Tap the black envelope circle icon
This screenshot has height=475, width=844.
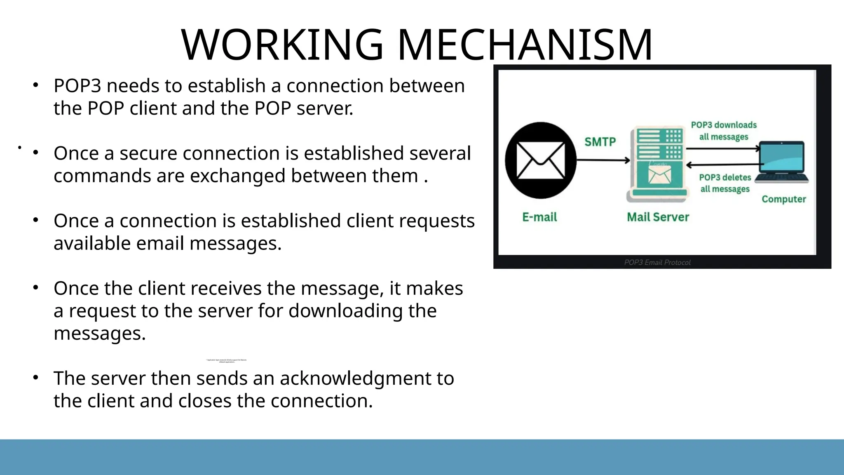(x=540, y=160)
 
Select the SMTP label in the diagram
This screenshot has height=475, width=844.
(x=600, y=142)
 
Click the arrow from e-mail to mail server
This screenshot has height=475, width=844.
(x=603, y=160)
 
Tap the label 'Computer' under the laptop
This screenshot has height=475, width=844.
(x=783, y=199)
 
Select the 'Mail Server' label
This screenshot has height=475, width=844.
(x=658, y=217)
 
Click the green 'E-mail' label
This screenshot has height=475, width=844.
(x=539, y=217)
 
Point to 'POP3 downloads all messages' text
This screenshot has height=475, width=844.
(x=724, y=131)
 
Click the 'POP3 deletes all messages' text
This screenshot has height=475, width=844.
(x=725, y=183)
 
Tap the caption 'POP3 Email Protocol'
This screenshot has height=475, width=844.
(x=657, y=262)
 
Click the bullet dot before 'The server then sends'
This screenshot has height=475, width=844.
(x=36, y=377)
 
